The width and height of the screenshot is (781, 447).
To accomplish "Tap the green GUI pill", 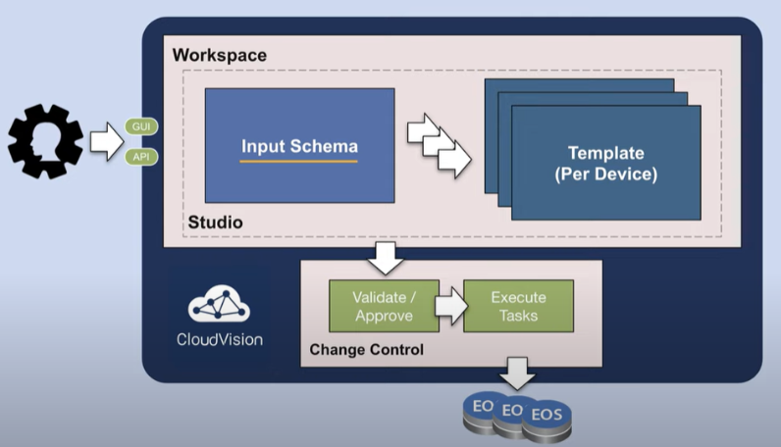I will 141,126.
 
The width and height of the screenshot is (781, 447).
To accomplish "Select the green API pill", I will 141,155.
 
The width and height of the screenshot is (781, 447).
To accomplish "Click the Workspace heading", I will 219,55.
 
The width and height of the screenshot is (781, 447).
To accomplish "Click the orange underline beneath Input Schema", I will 299,161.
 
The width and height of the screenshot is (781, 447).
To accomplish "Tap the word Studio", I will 215,223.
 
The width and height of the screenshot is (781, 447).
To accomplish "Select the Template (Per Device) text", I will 606,164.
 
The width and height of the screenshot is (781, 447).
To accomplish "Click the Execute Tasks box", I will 518,306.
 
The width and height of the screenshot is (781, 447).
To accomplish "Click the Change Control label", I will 366,349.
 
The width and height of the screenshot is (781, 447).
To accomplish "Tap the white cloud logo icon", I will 219,308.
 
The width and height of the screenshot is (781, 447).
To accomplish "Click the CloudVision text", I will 219,340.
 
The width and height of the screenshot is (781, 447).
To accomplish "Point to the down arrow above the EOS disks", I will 517,372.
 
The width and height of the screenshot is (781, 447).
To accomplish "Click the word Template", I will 606,153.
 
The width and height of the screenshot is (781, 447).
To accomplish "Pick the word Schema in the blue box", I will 329,147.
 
